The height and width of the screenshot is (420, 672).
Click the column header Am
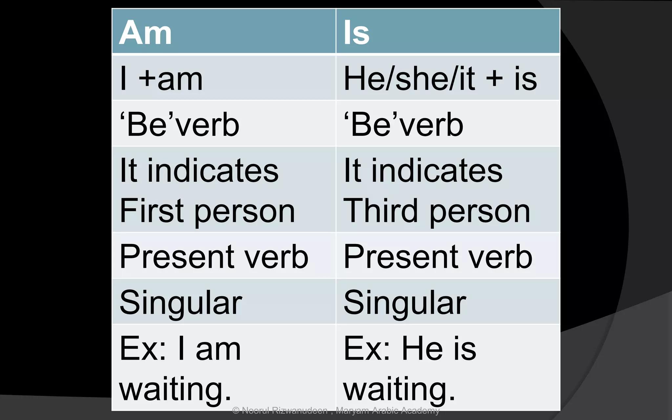145,32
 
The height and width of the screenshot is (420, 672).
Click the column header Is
356,32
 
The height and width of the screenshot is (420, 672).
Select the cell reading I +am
161,79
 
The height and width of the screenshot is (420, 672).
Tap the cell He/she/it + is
440,79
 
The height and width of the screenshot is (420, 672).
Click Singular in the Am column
181,303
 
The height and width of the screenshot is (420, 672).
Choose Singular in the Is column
405,303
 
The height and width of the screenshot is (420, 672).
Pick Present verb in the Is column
438,257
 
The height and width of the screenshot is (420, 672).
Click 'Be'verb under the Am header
180,125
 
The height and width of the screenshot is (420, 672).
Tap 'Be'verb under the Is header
404,125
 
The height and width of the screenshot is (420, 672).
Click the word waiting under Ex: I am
175,390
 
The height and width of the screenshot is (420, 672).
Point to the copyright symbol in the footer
236,410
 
